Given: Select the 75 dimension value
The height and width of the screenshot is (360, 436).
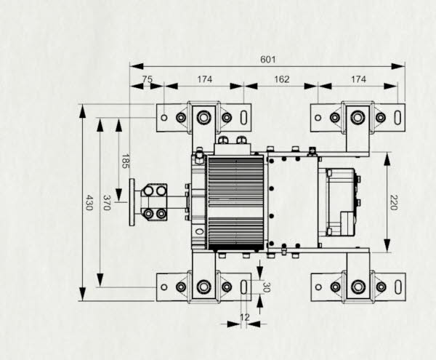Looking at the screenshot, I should tap(148, 79).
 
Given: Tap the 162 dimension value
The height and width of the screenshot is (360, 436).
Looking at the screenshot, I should tap(282, 79).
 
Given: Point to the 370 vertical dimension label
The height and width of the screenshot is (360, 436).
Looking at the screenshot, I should tap(107, 202).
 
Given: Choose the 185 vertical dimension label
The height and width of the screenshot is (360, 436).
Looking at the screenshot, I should tap(125, 161).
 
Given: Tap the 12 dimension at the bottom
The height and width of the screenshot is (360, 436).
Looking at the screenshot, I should tap(244, 316).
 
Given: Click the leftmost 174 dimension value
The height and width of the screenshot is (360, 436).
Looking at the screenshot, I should tap(204, 79).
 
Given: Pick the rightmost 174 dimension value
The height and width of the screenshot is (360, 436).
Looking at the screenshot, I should tap(358, 79).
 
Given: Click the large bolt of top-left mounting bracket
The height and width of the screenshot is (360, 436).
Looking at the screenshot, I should tap(204, 117).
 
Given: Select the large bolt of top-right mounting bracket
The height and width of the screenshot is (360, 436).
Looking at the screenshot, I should tap(358, 117).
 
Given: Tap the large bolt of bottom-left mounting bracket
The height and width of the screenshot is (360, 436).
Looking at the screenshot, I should tap(204, 287).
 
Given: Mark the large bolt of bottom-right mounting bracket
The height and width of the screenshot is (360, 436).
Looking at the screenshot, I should tap(358, 287).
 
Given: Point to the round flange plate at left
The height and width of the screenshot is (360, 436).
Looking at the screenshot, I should tap(132, 202).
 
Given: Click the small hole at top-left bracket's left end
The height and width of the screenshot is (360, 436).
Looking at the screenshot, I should tap(164, 117).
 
